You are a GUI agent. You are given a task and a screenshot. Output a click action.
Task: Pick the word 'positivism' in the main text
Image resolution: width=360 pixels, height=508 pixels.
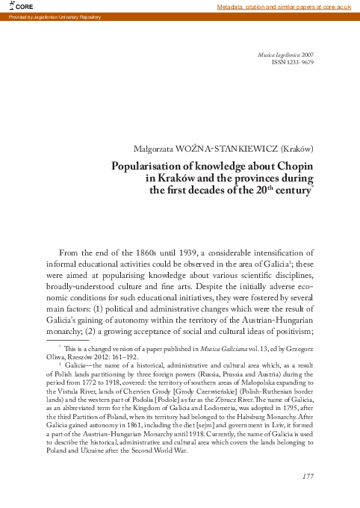(291, 331)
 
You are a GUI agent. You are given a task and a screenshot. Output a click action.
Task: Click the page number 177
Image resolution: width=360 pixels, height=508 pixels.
(305, 476)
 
